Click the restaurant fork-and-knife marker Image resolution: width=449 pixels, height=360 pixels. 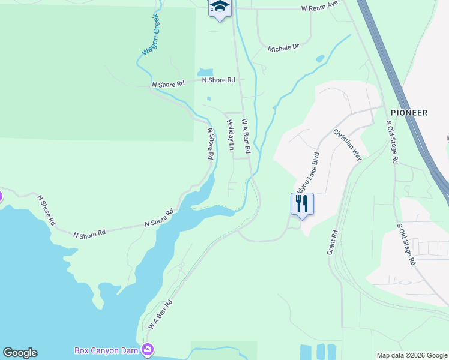pyautogui.click(x=302, y=205)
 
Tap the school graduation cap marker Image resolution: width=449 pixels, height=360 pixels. pyautogui.click(x=220, y=7)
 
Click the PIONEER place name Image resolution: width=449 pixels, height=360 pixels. pyautogui.click(x=409, y=113)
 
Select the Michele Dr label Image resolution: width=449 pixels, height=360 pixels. pyautogui.click(x=283, y=47)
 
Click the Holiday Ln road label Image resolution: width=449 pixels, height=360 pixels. pyautogui.click(x=230, y=131)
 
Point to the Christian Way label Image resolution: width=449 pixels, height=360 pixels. pyautogui.click(x=348, y=144)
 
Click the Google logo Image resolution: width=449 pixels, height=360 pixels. pyautogui.click(x=20, y=353)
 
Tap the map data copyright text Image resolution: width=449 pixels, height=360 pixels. pyautogui.click(x=411, y=355)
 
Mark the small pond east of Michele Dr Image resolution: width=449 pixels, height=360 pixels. pyautogui.click(x=320, y=59)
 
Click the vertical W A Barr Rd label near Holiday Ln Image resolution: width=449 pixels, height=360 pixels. pyautogui.click(x=246, y=135)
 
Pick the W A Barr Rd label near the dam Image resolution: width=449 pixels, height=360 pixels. pyautogui.click(x=160, y=314)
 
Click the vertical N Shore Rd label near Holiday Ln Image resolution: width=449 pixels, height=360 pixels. pyautogui.click(x=210, y=143)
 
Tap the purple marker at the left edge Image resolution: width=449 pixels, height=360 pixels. pyautogui.click(x=1, y=196)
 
